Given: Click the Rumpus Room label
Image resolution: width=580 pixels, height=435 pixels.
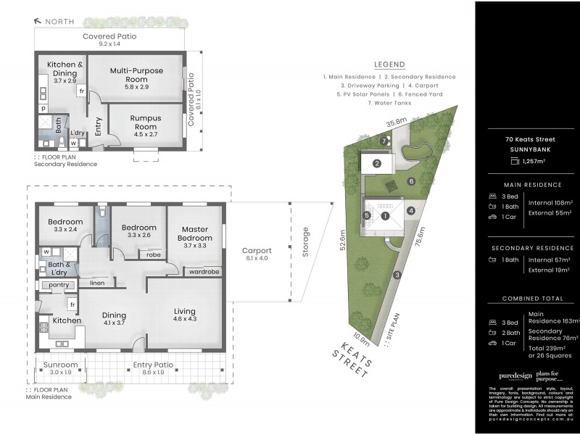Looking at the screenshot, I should [x=145, y=117].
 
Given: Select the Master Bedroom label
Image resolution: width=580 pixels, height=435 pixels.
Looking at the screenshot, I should [x=195, y=234].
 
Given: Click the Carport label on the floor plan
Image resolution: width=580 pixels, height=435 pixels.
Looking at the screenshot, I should [x=256, y=250].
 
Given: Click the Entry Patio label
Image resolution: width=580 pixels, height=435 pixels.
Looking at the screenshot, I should [x=152, y=365].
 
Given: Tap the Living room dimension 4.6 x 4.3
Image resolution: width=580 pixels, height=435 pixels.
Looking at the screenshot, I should [x=184, y=319].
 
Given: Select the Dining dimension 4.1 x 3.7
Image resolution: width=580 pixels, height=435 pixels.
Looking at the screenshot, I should [x=115, y=323].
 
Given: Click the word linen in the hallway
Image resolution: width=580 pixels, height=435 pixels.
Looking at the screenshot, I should [x=96, y=282].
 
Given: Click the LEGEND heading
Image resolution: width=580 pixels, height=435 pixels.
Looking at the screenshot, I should [x=389, y=65].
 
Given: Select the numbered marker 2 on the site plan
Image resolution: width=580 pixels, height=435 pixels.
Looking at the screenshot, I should [x=377, y=164].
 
